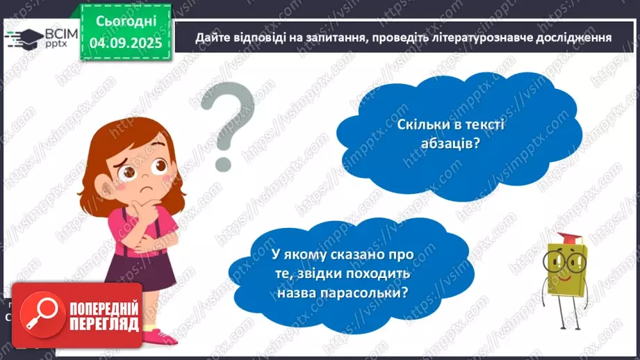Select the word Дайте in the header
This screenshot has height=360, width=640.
tap(210, 38)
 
